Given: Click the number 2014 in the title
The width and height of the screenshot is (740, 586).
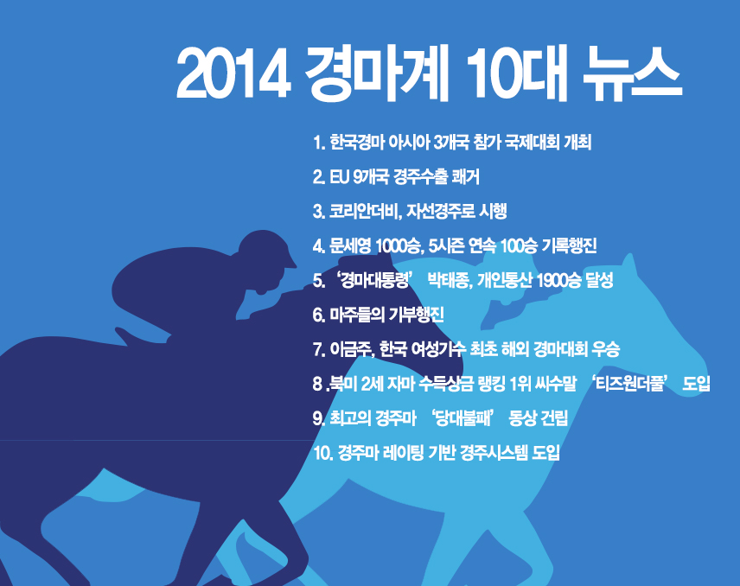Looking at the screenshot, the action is (x=233, y=75).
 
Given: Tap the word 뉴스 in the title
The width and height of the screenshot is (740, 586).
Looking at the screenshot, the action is (x=633, y=74).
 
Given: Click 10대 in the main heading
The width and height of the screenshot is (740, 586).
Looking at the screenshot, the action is (x=520, y=74).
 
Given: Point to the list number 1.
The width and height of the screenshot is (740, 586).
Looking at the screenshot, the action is (x=318, y=143).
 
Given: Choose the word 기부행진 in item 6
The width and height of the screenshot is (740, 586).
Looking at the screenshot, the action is (x=415, y=315).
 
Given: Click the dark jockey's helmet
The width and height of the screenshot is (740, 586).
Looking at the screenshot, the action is (x=265, y=249).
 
